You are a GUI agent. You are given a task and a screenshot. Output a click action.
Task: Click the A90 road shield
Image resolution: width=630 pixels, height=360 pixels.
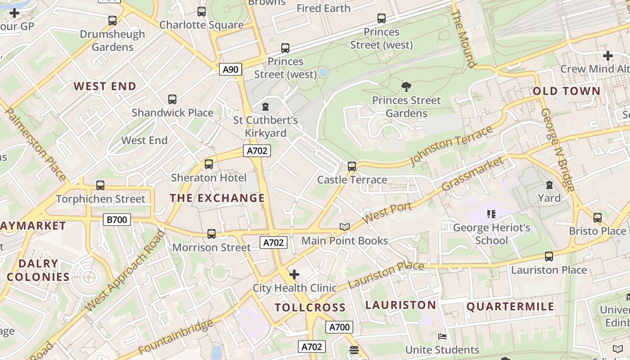click(230, 69)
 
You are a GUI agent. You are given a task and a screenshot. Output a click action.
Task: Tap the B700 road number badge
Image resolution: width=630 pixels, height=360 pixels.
click(117, 220)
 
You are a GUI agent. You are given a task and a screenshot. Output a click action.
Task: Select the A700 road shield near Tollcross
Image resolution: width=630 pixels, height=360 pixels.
click(339, 327)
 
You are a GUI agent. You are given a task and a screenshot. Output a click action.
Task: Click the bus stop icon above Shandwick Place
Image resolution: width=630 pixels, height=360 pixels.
click(172, 99)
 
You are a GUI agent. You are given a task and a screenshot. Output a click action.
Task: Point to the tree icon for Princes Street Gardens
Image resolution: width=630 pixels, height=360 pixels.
click(406, 87)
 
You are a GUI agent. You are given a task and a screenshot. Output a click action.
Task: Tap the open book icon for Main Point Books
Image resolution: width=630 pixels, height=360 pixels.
click(345, 227)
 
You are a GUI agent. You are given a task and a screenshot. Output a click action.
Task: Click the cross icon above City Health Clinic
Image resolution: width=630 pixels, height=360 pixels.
click(294, 274)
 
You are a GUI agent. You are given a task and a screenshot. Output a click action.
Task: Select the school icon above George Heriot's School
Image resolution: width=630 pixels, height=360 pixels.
click(491, 214)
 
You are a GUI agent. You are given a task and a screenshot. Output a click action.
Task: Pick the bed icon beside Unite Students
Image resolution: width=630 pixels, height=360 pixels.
click(442, 337)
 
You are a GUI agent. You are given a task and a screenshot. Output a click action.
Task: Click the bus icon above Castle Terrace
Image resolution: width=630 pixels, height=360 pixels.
click(352, 166)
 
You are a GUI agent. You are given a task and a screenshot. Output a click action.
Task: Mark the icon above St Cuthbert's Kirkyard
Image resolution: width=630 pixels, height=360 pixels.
click(265, 107)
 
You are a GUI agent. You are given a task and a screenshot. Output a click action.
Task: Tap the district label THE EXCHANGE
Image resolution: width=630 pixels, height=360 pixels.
click(217, 198)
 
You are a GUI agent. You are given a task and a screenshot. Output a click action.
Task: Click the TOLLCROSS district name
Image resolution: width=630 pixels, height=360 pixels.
click(310, 308)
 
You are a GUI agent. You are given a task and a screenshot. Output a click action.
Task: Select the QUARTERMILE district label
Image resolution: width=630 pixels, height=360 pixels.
click(510, 307)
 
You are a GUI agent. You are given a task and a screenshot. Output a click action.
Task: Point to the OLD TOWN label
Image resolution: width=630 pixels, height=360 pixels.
click(567, 91)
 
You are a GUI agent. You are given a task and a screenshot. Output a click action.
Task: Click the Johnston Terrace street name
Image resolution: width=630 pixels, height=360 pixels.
click(451, 145)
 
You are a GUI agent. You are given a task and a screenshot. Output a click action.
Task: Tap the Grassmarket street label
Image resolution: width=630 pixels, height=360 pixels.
click(472, 174)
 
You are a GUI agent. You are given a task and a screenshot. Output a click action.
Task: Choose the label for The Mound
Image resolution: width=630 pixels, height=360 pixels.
click(463, 40)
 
